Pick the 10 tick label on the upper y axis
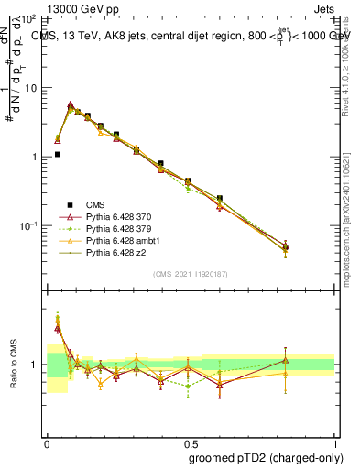30,88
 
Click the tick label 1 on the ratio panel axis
35,365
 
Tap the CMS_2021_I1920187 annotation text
191,273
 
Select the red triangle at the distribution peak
71,105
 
